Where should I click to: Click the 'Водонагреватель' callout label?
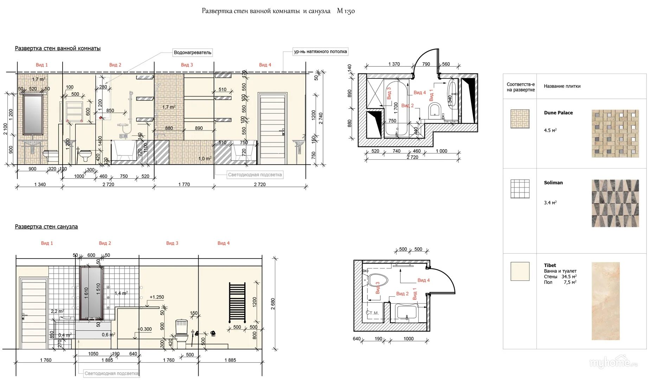pos(192,52)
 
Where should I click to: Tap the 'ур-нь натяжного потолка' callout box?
pos(320,52)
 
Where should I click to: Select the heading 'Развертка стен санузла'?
pos(46,227)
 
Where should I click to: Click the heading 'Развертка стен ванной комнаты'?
pos(58,48)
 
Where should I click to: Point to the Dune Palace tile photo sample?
pos(615,133)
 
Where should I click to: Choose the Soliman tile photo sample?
pos(615,203)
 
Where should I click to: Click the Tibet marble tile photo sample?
pos(605,301)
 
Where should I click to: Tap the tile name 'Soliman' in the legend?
pos(553,183)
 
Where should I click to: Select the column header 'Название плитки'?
pos(562,86)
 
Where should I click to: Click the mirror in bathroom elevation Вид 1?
pos(33,114)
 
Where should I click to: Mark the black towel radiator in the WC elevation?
pos(237,302)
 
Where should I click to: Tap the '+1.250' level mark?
pos(156,297)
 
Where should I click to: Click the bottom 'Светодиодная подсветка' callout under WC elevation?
pos(111,373)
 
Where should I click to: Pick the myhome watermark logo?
pos(613,362)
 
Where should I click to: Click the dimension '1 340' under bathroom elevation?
pos(40,184)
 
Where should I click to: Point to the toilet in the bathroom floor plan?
pos(435,109)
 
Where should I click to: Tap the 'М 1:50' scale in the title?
pos(346,11)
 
